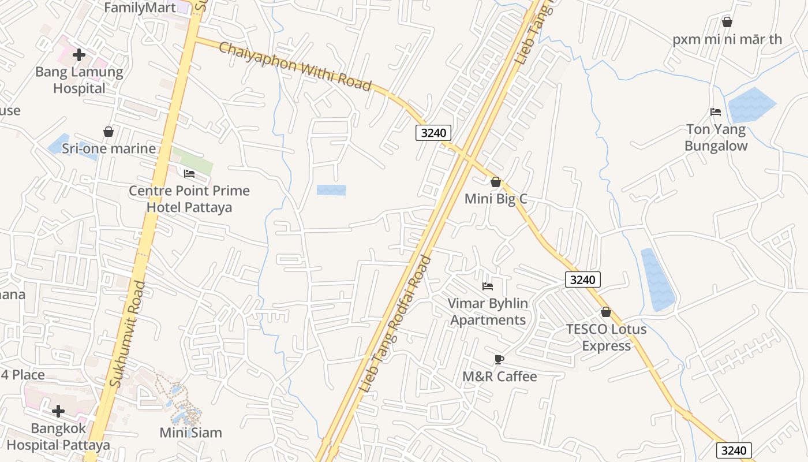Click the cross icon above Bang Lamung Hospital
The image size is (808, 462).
click(x=79, y=55)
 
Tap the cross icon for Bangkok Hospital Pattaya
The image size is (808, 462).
click(x=58, y=411)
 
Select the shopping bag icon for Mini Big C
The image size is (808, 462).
click(x=495, y=182)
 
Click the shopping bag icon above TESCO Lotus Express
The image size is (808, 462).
click(x=605, y=312)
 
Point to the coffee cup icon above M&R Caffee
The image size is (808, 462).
click(x=499, y=360)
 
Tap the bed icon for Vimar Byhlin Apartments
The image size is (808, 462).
click(x=488, y=286)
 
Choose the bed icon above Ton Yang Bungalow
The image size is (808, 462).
click(x=716, y=112)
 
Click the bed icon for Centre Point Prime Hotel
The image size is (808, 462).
click(x=189, y=174)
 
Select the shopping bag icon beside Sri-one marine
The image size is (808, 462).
click(x=108, y=132)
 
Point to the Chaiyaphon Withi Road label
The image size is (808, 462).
click(x=295, y=65)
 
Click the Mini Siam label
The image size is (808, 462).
click(x=190, y=433)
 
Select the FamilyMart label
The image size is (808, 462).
click(x=140, y=8)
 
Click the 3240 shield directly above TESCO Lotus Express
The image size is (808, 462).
click(x=583, y=280)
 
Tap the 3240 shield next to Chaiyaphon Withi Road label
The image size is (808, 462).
click(x=433, y=133)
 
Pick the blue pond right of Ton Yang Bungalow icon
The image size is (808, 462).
click(x=751, y=105)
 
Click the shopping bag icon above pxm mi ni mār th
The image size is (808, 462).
click(x=727, y=23)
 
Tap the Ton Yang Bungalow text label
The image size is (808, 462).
click(x=716, y=137)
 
